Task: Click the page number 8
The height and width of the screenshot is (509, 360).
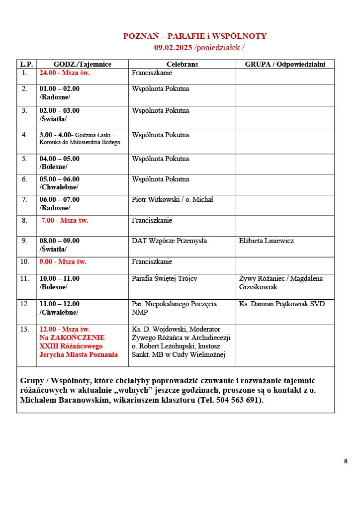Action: click(346, 461)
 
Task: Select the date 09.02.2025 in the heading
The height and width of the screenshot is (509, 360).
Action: click(173, 48)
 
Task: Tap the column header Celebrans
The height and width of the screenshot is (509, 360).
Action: click(182, 64)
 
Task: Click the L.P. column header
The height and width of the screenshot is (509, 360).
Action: click(26, 64)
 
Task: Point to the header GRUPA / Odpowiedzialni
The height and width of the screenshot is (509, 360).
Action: click(284, 64)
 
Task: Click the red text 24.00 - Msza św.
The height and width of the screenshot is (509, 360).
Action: click(65, 73)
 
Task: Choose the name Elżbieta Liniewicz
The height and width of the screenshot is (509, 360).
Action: click(266, 241)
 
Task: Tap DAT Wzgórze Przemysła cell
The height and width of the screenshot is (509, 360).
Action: click(169, 241)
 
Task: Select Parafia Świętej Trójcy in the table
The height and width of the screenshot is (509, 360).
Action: click(165, 279)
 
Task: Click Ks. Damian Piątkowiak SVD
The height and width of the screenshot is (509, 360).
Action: click(281, 304)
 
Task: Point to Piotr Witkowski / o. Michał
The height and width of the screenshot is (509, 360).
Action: click(172, 200)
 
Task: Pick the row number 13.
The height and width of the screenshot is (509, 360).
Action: click(25, 329)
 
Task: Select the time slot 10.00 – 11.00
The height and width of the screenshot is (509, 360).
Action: click(59, 279)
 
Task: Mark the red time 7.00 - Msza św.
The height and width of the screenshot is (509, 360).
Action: click(65, 220)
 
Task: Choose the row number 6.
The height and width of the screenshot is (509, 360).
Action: click(24, 179)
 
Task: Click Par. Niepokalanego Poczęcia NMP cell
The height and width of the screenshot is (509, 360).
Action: click(174, 308)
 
